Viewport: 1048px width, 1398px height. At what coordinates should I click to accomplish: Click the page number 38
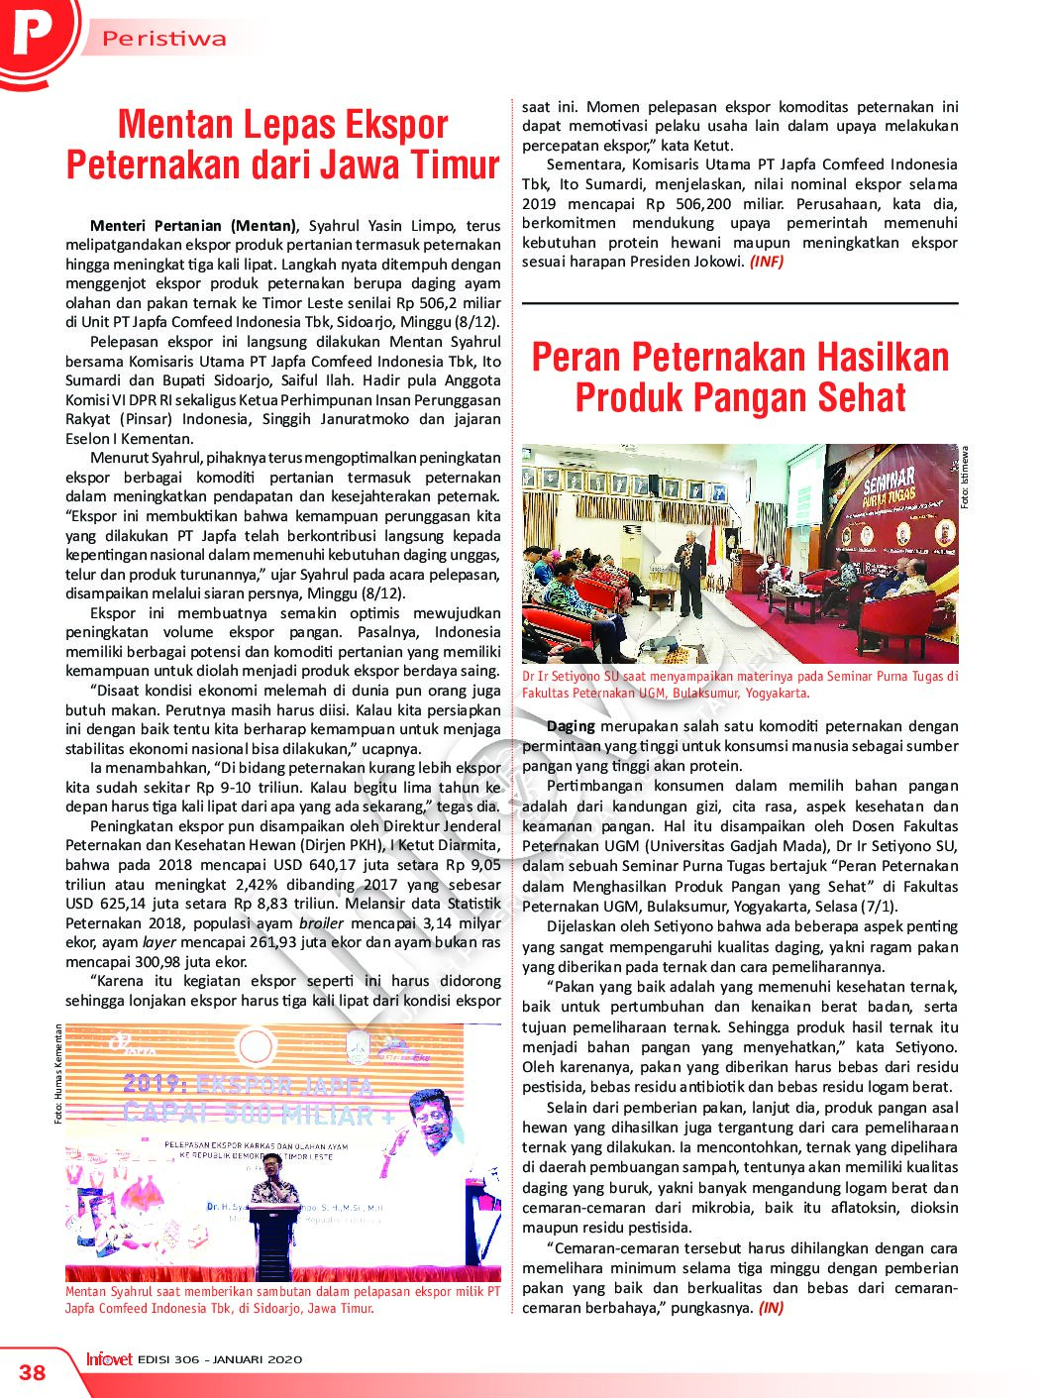[33, 1371]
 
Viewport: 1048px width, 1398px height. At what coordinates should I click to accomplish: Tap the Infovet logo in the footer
[109, 1359]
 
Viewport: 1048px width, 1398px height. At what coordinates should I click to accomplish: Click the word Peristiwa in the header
[164, 40]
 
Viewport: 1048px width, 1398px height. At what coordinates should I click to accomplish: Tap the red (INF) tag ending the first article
[766, 262]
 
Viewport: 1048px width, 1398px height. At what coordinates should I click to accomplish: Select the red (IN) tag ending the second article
[771, 1308]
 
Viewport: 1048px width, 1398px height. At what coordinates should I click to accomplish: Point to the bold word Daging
[571, 726]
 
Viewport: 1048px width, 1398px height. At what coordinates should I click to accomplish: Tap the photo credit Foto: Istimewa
[966, 479]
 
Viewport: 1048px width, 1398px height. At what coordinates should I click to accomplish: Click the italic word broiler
[321, 923]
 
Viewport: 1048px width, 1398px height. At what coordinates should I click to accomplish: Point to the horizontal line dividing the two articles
[739, 303]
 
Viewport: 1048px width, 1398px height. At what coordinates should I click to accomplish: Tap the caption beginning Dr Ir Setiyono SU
[739, 685]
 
